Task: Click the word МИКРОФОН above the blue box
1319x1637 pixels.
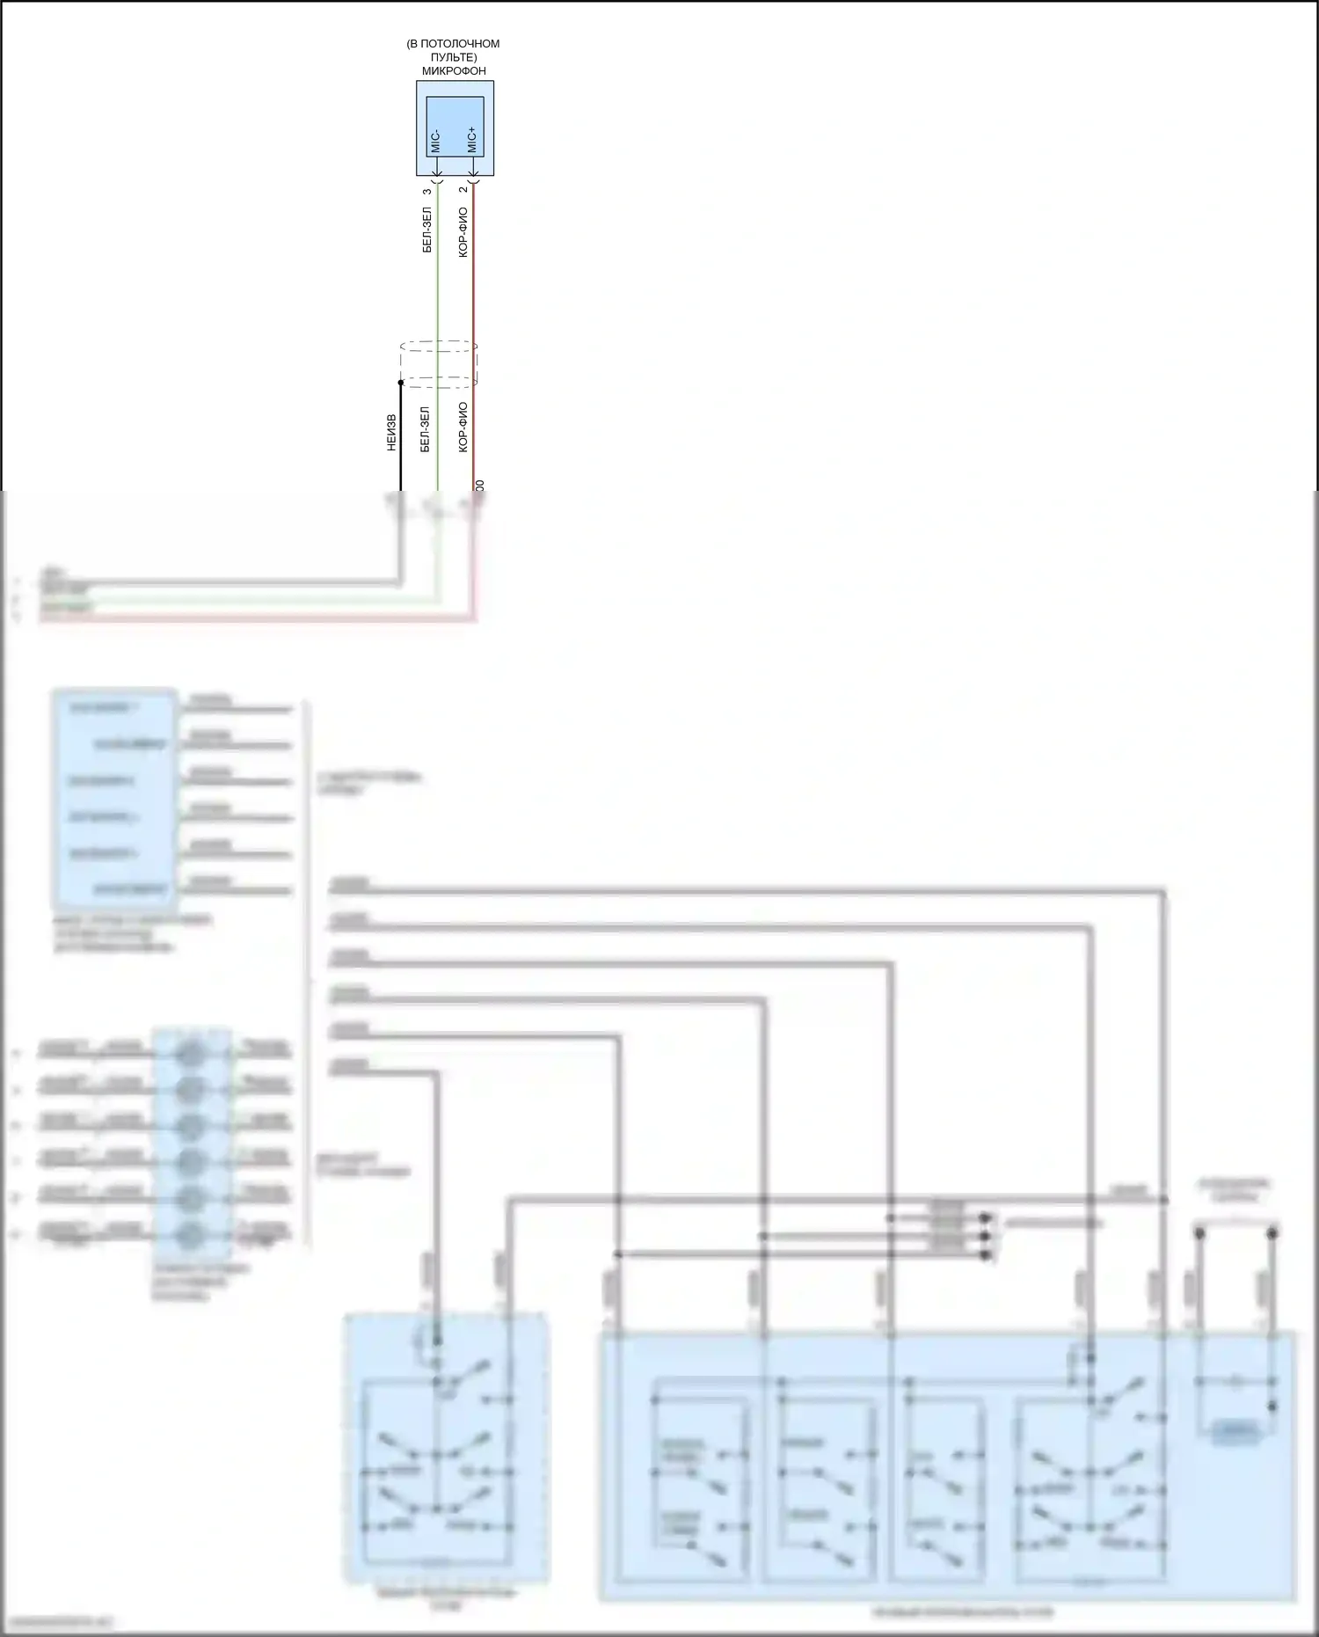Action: [x=453, y=71]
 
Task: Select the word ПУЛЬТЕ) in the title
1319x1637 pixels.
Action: [x=454, y=57]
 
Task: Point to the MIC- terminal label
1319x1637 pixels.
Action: [x=436, y=141]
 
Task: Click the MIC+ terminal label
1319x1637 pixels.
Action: [x=472, y=140]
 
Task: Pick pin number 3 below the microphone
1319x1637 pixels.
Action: [x=427, y=191]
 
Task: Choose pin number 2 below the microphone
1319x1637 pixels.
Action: [x=463, y=190]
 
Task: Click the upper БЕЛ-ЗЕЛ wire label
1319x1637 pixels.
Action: [x=427, y=230]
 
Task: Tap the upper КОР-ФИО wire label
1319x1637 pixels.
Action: [x=463, y=232]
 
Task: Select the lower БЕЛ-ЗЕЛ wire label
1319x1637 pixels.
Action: [x=426, y=429]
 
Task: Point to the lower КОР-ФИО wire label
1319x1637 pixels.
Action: [x=463, y=428]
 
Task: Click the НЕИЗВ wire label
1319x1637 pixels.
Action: [x=391, y=433]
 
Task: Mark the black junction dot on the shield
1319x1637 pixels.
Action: [x=401, y=383]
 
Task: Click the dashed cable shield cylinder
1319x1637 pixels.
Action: [x=439, y=364]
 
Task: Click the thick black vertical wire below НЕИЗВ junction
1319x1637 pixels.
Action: [x=401, y=440]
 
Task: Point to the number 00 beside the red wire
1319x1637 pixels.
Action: [x=479, y=486]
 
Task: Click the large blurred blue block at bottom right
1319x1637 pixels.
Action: [x=947, y=1465]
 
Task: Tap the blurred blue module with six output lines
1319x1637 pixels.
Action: [x=115, y=799]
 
